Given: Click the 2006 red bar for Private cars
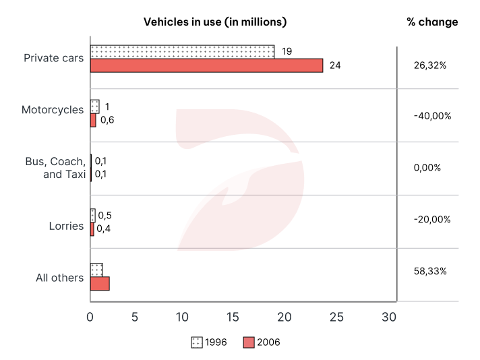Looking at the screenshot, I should click(x=206, y=65).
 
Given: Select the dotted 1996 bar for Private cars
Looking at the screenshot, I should click(x=182, y=51).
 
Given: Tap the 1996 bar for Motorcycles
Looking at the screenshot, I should click(x=94, y=107).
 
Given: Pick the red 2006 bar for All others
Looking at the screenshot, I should click(x=99, y=284).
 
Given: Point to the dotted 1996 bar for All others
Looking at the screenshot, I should click(x=96, y=270).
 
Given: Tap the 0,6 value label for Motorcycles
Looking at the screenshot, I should click(x=107, y=120).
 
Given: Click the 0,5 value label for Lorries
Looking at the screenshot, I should click(x=104, y=216).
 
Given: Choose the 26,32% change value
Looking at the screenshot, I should click(x=429, y=66).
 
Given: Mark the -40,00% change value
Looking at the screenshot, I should click(x=432, y=116).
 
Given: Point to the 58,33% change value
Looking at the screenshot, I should click(x=429, y=271).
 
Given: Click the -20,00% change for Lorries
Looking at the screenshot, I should click(x=432, y=220).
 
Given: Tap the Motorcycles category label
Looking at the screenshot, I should click(x=53, y=109).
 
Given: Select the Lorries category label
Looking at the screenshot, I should click(x=66, y=226).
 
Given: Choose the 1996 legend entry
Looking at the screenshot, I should click(x=208, y=342).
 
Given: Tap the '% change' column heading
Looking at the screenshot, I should click(x=432, y=22).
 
